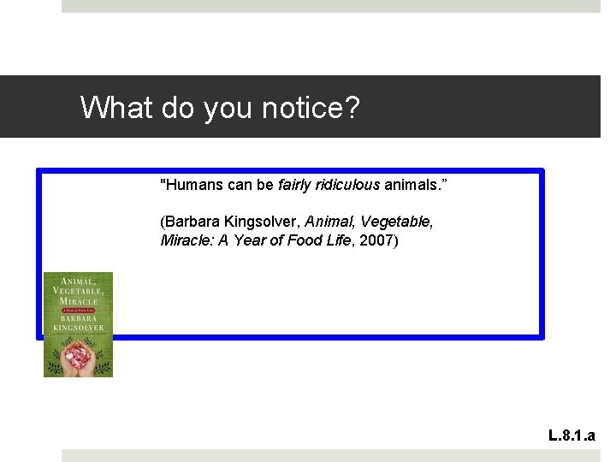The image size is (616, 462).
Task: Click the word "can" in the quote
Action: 240,184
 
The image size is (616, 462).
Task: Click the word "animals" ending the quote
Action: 412,184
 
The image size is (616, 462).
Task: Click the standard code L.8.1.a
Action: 577,436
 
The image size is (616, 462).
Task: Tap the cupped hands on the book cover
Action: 78,352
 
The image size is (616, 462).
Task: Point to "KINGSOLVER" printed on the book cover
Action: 78,328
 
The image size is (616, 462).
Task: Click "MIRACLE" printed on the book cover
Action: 79,302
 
